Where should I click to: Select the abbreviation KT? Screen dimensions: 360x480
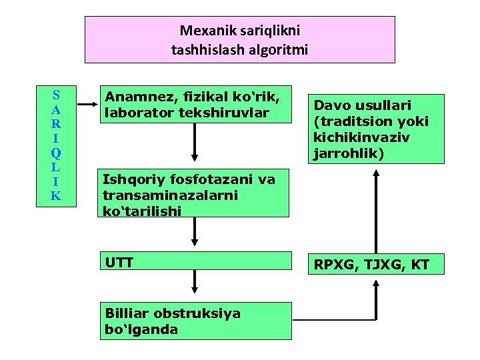click(x=420, y=265)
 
